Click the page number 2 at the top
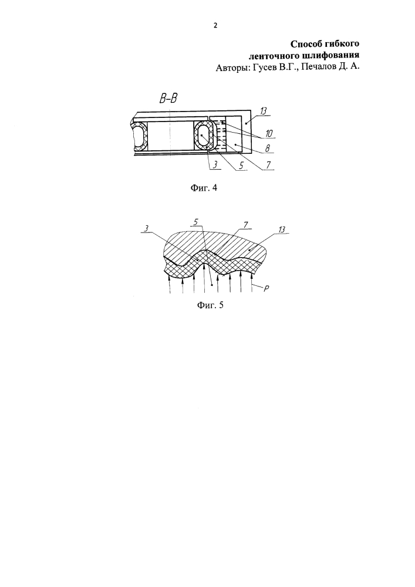[215, 25]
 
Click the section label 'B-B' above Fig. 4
[168, 99]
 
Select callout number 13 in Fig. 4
[264, 110]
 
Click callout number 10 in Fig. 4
[269, 133]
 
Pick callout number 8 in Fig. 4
[267, 149]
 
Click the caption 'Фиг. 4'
[204, 188]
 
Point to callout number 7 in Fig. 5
[245, 224]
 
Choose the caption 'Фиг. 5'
[210, 305]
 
